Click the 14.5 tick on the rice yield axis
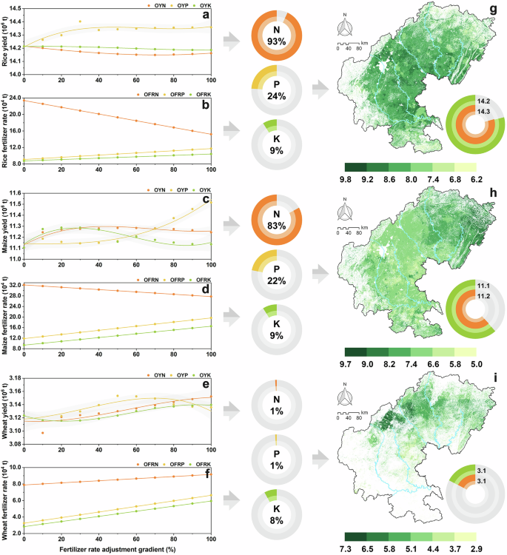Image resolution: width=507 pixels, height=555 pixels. [13, 7]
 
